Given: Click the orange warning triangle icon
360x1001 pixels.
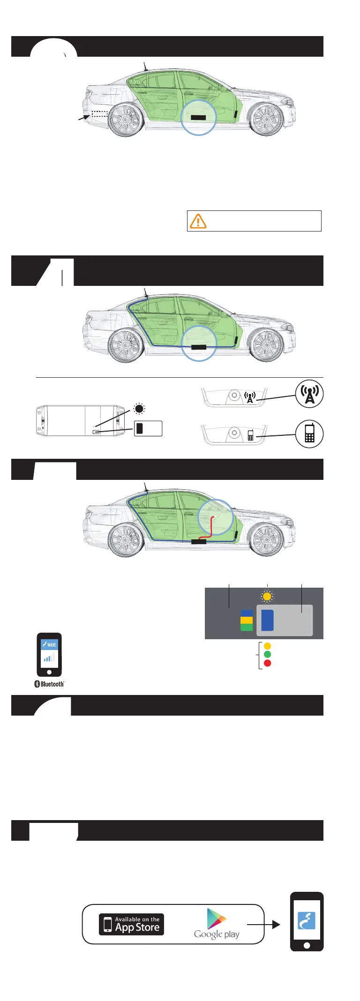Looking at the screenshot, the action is tap(198, 221).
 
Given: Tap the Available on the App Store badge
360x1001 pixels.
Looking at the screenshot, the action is tap(131, 924).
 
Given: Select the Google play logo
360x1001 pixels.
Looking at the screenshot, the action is tap(217, 924).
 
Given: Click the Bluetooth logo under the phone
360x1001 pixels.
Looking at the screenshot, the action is tap(49, 684).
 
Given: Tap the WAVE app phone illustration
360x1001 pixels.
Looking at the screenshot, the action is tap(49, 655).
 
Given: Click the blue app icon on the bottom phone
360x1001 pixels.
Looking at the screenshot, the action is tap(307, 920).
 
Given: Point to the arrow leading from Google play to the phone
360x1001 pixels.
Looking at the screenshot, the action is tap(263, 924).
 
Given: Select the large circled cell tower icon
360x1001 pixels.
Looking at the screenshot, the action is tap(309, 394).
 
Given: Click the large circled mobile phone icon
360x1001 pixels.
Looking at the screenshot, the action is tap(309, 434).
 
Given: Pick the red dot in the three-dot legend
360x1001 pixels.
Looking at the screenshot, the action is tap(268, 663).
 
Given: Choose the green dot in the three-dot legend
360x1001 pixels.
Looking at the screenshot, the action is tap(268, 654).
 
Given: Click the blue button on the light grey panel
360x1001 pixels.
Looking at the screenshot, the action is tap(267, 620).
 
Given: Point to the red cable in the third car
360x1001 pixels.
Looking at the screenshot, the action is tap(212, 528).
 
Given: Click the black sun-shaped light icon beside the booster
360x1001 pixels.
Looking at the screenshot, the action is tap(139, 409).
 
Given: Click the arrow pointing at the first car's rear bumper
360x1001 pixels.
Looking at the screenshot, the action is tap(83, 119).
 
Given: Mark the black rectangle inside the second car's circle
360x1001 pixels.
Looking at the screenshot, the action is tap(199, 347).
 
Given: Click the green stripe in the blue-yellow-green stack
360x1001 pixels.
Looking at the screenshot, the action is tap(247, 627).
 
